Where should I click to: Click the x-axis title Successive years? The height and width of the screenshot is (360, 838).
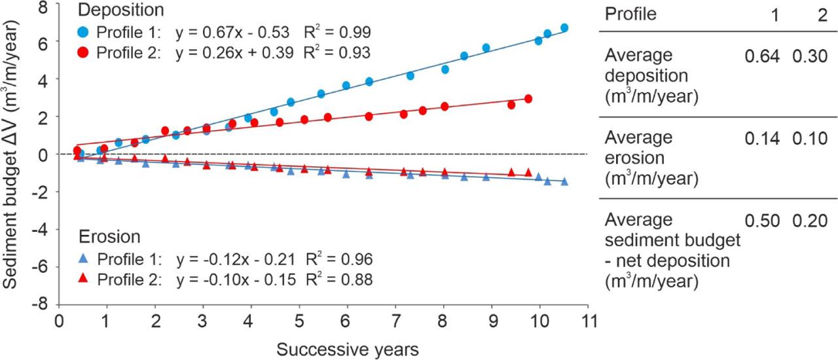(x=347, y=348)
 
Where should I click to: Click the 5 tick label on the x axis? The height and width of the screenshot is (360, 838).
(x=299, y=322)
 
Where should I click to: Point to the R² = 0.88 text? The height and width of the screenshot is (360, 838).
(x=343, y=279)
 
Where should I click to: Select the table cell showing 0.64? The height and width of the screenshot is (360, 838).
(x=762, y=56)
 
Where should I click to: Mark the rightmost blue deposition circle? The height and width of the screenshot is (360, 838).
(x=564, y=28)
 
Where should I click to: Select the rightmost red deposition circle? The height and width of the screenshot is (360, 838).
(x=528, y=99)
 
